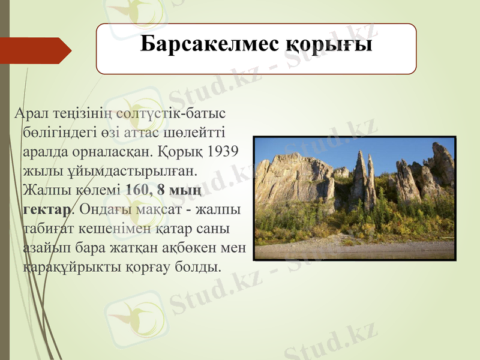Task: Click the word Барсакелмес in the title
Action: pyautogui.click(x=200, y=45)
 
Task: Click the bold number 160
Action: pyautogui.click(x=138, y=190)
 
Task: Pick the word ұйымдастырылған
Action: pyautogui.click(x=90, y=170)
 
